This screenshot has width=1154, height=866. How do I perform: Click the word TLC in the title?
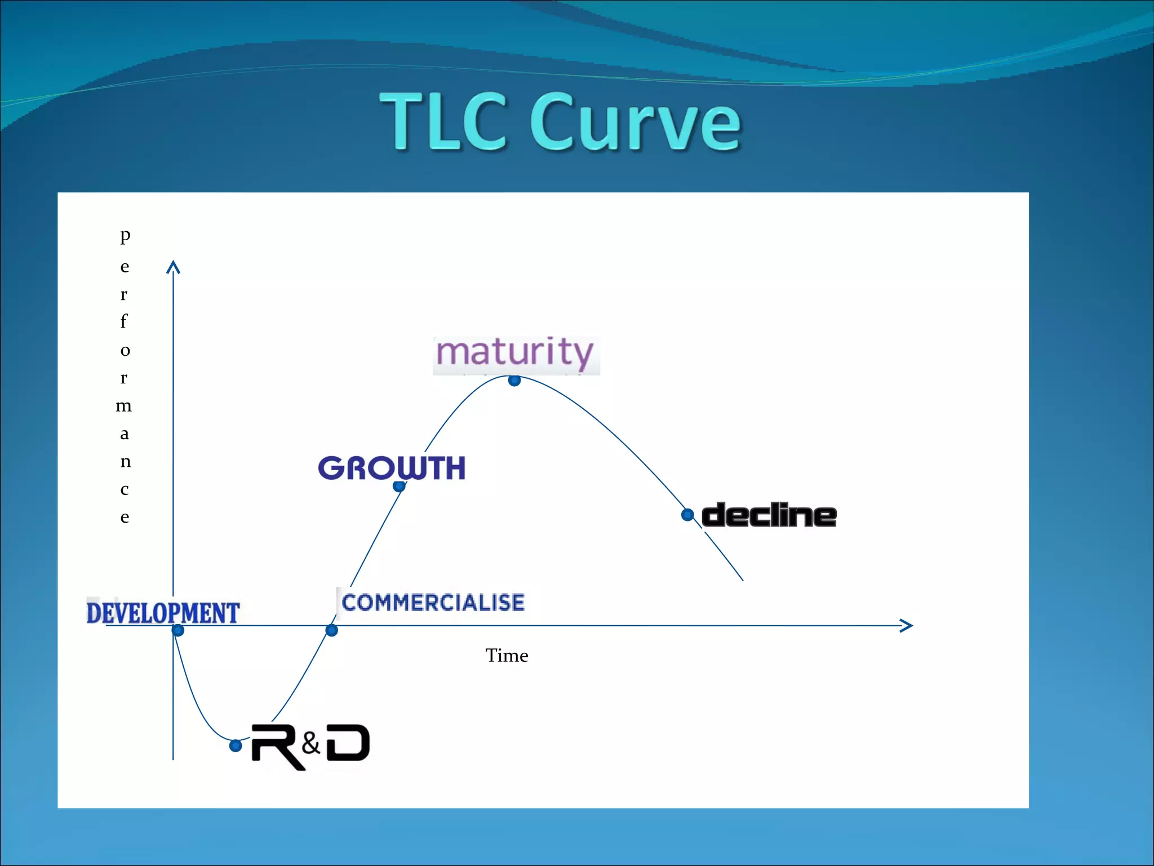coord(442,122)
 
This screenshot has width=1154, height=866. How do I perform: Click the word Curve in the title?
coord(635,122)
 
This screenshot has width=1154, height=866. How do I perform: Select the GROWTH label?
coord(392,468)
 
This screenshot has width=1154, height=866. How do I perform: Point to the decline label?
coord(769,515)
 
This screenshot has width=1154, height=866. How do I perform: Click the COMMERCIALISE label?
coord(433,603)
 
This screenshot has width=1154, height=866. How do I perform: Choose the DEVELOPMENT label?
coord(163,613)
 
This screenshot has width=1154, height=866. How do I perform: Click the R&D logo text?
coord(310,746)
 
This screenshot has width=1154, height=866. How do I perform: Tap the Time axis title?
coord(507,656)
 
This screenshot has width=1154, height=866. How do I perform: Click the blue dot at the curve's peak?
coord(514,381)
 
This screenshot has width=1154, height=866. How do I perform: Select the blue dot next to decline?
coord(687,515)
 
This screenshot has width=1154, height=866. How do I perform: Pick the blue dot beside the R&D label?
coord(236,746)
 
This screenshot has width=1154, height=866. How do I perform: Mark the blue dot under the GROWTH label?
coord(399,486)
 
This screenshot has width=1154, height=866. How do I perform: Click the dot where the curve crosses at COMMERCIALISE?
coord(332,630)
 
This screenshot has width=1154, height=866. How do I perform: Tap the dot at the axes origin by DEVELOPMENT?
coord(178,630)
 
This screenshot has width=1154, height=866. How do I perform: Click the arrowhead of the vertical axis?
coord(173,267)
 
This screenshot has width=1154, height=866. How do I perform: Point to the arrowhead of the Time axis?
coord(907,625)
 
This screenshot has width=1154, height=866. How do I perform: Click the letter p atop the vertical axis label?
coord(125,235)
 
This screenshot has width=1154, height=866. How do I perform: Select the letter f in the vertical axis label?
coord(124,321)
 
